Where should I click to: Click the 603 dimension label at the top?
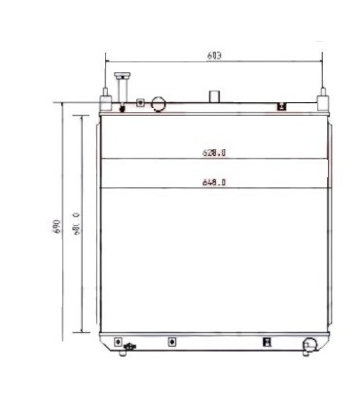coord(214,56)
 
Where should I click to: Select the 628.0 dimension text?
coord(214,152)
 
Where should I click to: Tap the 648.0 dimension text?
coord(215,182)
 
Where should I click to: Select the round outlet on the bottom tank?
coord(310,344)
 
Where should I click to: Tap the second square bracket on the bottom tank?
coord(171,342)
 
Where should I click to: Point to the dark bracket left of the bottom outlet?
coord(267,342)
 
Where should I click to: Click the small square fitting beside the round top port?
coord(142,101)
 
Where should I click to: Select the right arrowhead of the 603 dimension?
coord(321,61)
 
